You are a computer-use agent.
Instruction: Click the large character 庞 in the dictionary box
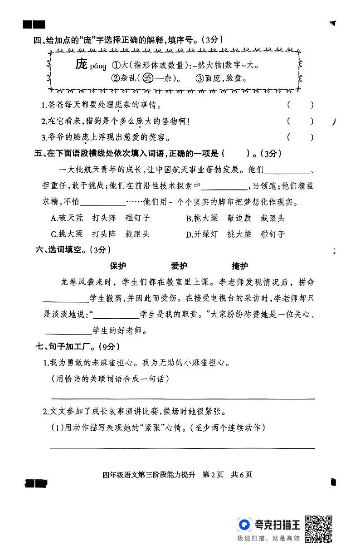(x=81, y=64)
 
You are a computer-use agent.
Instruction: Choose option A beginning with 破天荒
(x=100, y=218)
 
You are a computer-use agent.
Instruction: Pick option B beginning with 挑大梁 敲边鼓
(x=235, y=218)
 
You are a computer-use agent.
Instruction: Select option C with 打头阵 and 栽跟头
(x=100, y=234)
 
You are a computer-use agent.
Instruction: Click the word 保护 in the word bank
(x=118, y=266)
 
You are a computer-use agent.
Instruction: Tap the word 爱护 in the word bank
(x=179, y=266)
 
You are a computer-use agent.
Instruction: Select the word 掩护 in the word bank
(x=239, y=266)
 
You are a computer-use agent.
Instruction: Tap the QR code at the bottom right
(x=318, y=528)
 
